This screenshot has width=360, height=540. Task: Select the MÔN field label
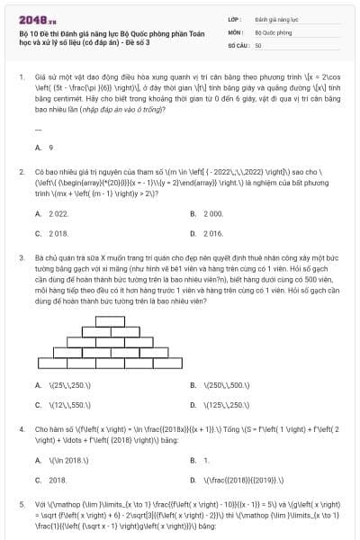[x=237, y=31]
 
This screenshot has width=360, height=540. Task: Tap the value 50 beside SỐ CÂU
[x=258, y=44]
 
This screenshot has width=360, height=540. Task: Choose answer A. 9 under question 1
[x=44, y=147]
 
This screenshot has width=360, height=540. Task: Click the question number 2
[x=21, y=170]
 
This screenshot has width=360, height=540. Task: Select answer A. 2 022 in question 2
[x=52, y=213]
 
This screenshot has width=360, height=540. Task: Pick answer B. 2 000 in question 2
[x=207, y=213]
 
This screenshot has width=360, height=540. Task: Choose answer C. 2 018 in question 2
[x=52, y=232]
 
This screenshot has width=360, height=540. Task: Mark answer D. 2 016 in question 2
[x=207, y=232]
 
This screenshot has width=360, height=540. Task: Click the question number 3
[x=21, y=256]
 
